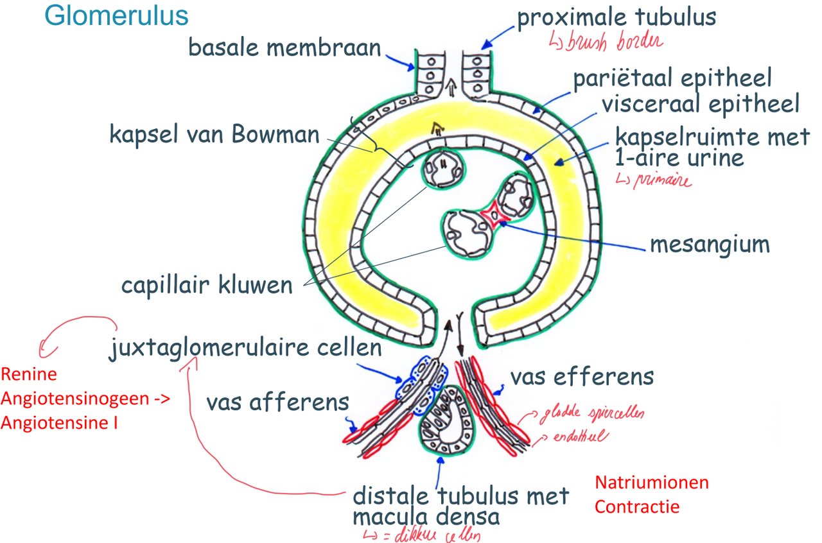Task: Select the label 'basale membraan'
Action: pyautogui.click(x=284, y=47)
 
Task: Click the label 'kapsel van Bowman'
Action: pyautogui.click(x=214, y=135)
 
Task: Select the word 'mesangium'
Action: pyautogui.click(x=709, y=244)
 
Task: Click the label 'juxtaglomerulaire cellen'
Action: pyautogui.click(x=245, y=349)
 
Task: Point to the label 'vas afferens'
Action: pyautogui.click(x=277, y=402)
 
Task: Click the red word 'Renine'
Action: pyautogui.click(x=28, y=374)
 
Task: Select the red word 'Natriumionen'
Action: pyautogui.click(x=651, y=482)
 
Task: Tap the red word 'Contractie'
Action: pyautogui.click(x=636, y=506)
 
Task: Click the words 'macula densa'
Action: pyautogui.click(x=425, y=515)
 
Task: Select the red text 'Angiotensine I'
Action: pyautogui.click(x=59, y=423)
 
